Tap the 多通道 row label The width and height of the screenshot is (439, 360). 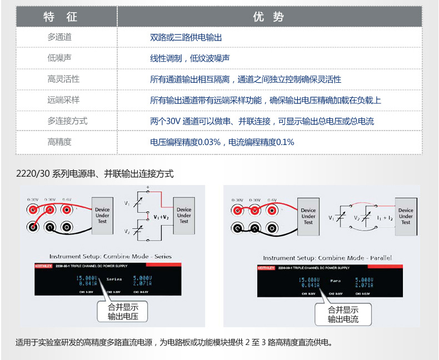click(59, 37)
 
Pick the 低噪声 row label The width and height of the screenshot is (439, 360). click(59, 58)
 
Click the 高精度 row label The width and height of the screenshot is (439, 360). click(59, 142)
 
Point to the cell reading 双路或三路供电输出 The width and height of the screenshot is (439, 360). click(186, 37)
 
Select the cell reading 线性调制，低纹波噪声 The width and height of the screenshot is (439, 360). click(190, 58)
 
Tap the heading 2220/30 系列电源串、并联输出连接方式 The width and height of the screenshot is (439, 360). click(95, 174)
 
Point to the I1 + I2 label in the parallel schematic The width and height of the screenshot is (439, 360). click(385, 218)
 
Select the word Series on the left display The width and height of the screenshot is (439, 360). click(114, 279)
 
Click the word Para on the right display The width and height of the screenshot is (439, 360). click(335, 281)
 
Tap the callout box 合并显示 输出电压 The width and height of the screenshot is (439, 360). click(122, 312)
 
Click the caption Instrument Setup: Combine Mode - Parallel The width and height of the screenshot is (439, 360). click(327, 258)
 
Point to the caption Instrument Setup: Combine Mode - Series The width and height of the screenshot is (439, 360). click(111, 256)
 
